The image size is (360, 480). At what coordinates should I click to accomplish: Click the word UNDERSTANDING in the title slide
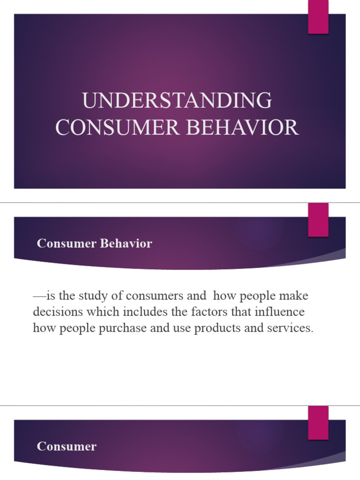(177, 101)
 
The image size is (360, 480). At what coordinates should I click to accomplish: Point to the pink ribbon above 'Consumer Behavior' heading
(318, 220)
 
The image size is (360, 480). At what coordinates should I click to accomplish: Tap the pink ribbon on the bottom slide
(318, 422)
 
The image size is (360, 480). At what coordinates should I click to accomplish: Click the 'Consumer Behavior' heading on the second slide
(94, 244)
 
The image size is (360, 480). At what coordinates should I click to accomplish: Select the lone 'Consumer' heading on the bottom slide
(67, 446)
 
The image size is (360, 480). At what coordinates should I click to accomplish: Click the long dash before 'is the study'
(39, 296)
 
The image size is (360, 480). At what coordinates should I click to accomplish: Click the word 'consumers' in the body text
(160, 296)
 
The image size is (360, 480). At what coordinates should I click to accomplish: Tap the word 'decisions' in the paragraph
(55, 312)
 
